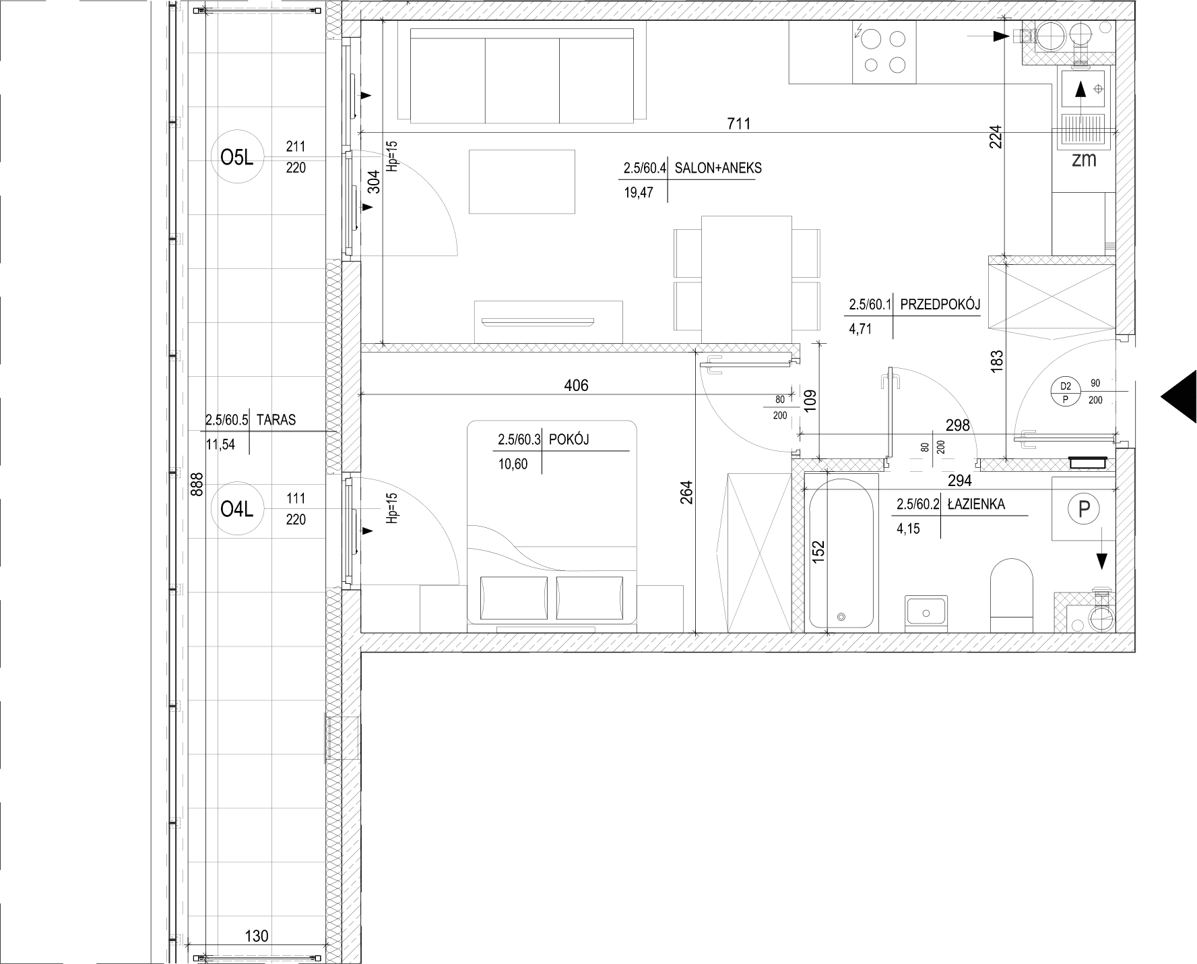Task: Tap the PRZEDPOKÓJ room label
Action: click(940, 305)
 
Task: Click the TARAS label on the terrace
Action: click(276, 419)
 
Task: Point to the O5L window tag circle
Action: click(236, 158)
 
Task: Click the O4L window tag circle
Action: click(236, 510)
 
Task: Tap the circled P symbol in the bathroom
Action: click(1084, 509)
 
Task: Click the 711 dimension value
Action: click(738, 123)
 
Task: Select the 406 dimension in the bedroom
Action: click(576, 385)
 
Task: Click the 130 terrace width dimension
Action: click(257, 936)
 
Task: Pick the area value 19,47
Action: click(639, 193)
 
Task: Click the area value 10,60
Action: click(513, 464)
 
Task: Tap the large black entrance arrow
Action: click(1178, 396)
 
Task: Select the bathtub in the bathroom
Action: click(841, 554)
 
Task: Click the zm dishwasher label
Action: click(1084, 160)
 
